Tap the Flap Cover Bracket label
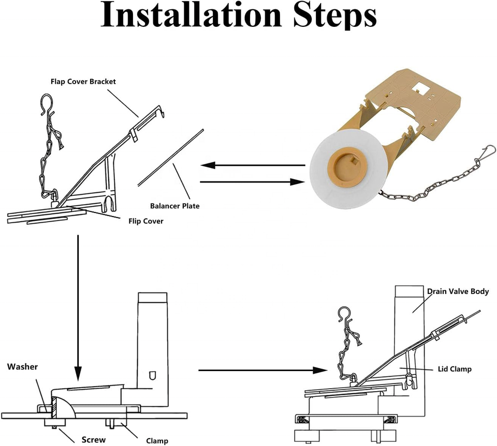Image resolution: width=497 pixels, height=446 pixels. [x=83, y=82]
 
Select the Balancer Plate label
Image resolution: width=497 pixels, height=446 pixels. [x=174, y=206]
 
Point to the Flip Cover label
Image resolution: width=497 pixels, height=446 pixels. [x=146, y=221]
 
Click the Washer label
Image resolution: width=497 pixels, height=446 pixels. [x=22, y=367]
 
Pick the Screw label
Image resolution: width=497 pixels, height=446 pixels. [x=94, y=440]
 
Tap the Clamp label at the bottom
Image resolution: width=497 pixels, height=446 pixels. [x=157, y=441]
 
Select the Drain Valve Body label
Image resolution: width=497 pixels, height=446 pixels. [x=458, y=291]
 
